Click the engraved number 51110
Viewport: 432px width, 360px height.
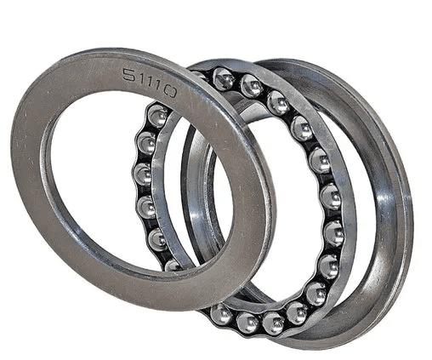click(x=150, y=83)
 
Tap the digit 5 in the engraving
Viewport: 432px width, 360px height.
click(x=129, y=75)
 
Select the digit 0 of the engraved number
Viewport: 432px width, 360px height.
click(x=170, y=92)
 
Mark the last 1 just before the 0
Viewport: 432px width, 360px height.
click(x=158, y=86)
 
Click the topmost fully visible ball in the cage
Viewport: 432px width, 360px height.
click(x=224, y=79)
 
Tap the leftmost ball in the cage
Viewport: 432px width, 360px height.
click(x=143, y=174)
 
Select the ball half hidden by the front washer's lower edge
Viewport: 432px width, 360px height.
click(x=173, y=266)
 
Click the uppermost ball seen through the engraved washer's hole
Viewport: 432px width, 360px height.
click(x=156, y=116)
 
